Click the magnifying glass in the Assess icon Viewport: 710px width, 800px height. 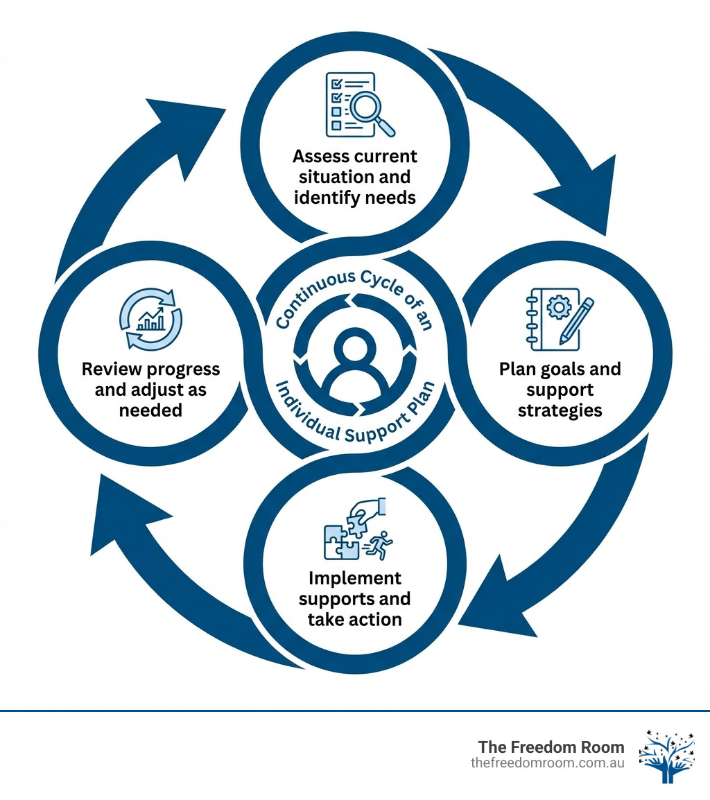[x=370, y=109]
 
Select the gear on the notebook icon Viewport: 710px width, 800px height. [x=555, y=306]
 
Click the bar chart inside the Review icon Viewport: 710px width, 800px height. [x=150, y=320]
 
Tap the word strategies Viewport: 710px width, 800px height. [x=560, y=410]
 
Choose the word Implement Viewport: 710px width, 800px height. [x=355, y=577]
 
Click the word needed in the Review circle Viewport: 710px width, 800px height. [x=150, y=410]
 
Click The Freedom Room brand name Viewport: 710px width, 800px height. [x=551, y=747]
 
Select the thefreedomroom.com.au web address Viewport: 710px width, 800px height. [x=547, y=763]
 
